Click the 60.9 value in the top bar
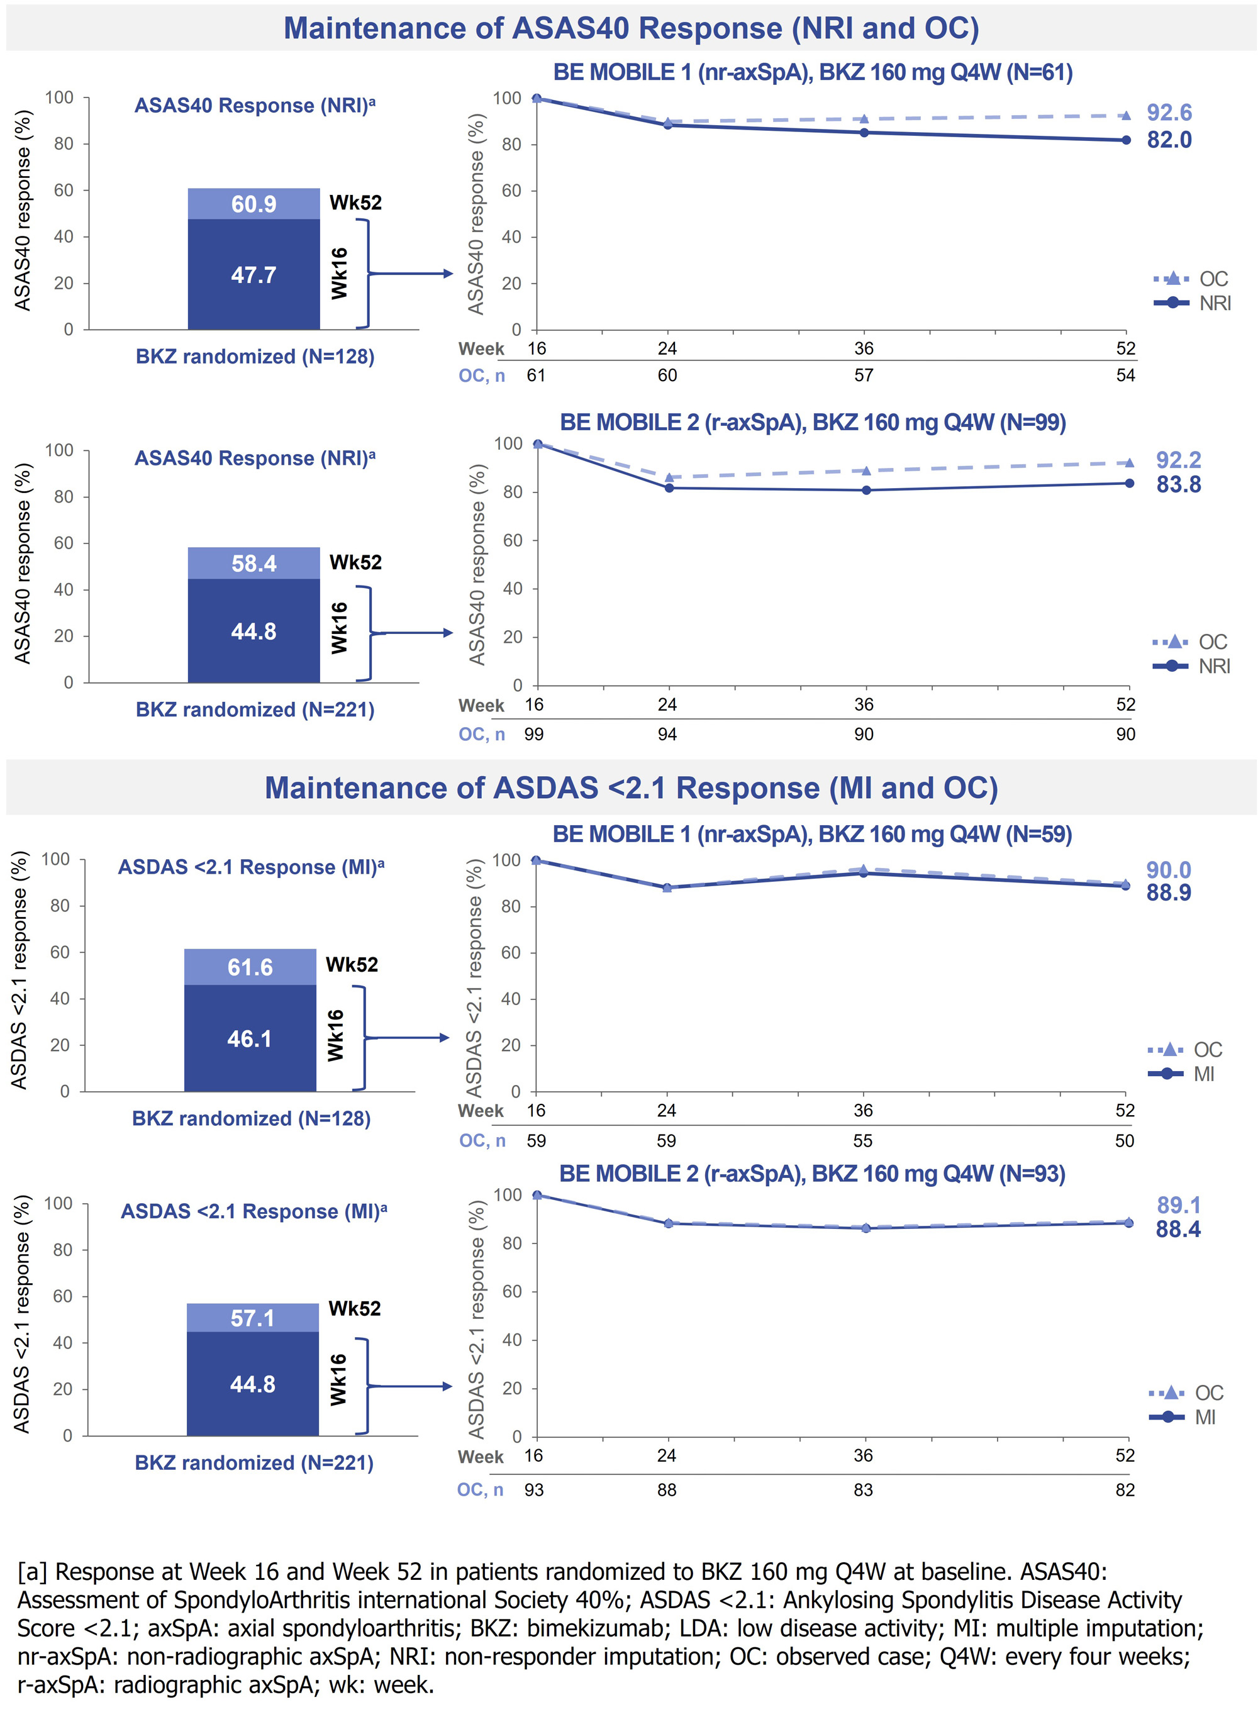pyautogui.click(x=253, y=204)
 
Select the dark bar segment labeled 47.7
pyautogui.click(x=253, y=275)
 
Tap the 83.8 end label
pyautogui.click(x=1178, y=484)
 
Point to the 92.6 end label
pyautogui.click(x=1169, y=113)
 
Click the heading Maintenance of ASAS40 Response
pyautogui.click(x=630, y=28)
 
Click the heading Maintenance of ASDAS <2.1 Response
pyautogui.click(x=630, y=788)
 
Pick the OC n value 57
pyautogui.click(x=864, y=375)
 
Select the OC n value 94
pyautogui.click(x=667, y=734)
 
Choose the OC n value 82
pyautogui.click(x=1125, y=1490)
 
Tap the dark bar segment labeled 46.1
pyautogui.click(x=250, y=1039)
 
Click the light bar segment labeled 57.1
pyautogui.click(x=253, y=1318)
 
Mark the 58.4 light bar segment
pyautogui.click(x=253, y=564)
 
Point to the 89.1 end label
pyautogui.click(x=1178, y=1205)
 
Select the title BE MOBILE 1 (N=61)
pyautogui.click(x=813, y=72)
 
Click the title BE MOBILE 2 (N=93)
pyautogui.click(x=812, y=1173)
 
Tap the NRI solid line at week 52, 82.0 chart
pyautogui.click(x=1125, y=140)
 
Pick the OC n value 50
pyautogui.click(x=1125, y=1140)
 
